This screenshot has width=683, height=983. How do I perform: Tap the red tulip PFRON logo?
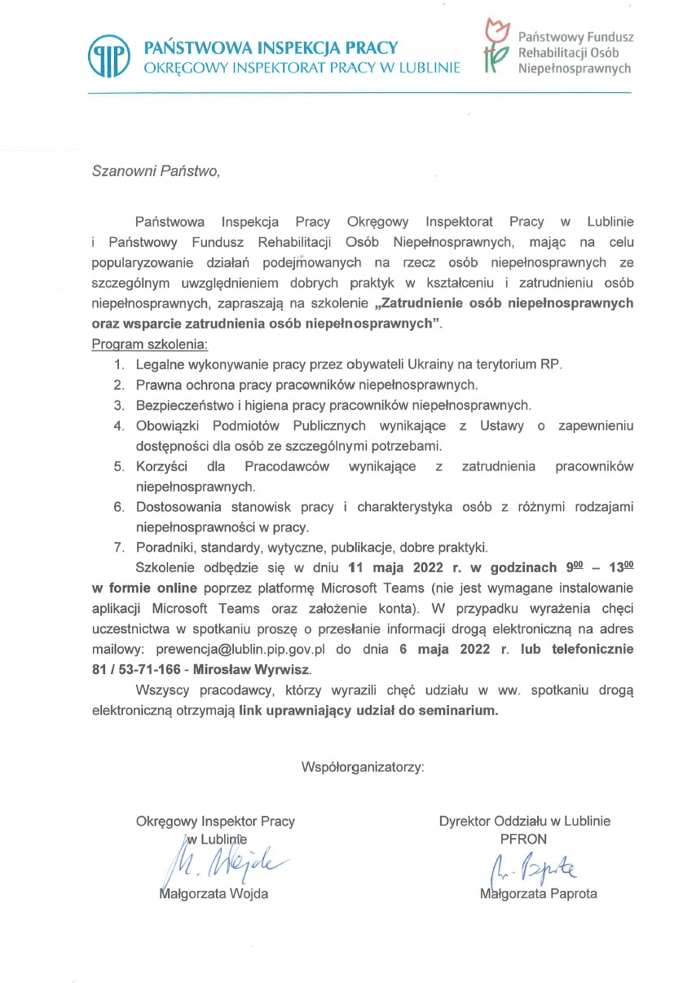click(x=494, y=45)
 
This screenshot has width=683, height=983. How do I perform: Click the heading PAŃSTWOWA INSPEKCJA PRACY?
click(x=271, y=47)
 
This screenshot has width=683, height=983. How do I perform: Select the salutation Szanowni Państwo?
click(x=156, y=172)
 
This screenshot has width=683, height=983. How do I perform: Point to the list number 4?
click(x=118, y=425)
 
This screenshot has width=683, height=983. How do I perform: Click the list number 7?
click(x=118, y=546)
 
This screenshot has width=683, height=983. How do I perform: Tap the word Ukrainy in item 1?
click(x=416, y=363)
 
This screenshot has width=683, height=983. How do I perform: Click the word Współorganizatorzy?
click(x=363, y=766)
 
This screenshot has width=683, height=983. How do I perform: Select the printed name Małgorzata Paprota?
click(x=539, y=893)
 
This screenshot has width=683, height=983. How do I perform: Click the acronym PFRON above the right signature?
click(x=524, y=839)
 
